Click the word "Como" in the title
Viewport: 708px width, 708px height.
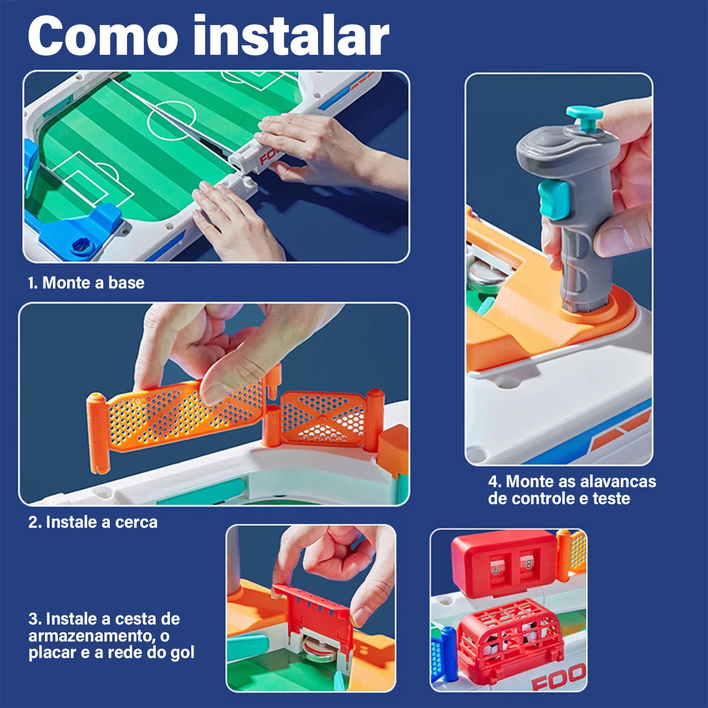pos(103,36)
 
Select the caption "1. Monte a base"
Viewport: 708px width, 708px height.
pos(86,283)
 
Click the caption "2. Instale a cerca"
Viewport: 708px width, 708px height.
pos(93,522)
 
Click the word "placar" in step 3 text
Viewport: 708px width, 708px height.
pos(52,653)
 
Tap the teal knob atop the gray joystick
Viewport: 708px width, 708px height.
pos(584,118)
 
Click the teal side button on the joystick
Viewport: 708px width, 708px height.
pos(554,200)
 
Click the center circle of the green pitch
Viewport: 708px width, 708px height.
pos(171,120)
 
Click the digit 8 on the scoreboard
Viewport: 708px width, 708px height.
pos(528,564)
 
